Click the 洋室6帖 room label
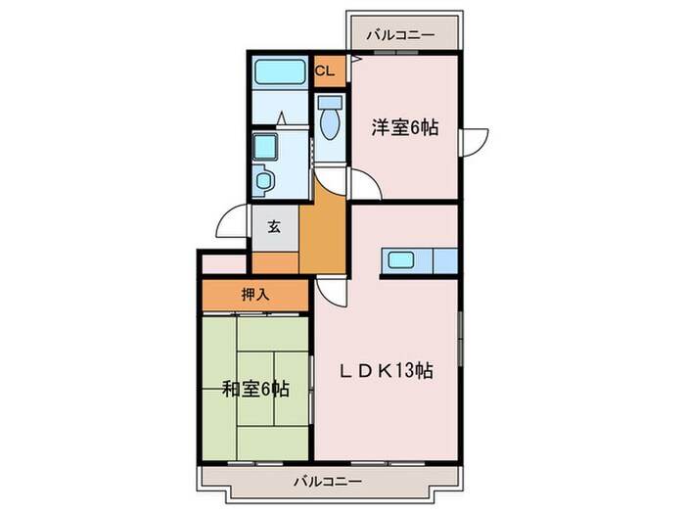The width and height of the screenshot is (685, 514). [403, 127]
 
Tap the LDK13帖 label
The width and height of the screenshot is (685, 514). [387, 371]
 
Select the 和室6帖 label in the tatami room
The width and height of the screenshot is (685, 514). [254, 389]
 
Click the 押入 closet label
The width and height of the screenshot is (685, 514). [256, 293]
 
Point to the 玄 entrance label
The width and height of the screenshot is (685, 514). [274, 228]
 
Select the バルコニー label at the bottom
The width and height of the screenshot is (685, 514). [328, 482]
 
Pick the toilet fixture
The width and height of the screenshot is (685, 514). [330, 123]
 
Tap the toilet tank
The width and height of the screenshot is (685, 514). [330, 101]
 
